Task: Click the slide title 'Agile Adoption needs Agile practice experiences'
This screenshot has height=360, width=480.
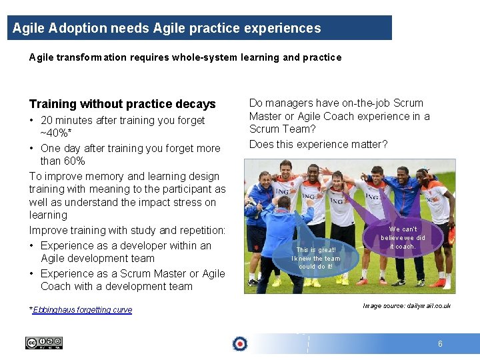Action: pos(167,29)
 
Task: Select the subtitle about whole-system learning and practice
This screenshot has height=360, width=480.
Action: pos(185,57)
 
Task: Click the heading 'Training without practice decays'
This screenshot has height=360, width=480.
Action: pos(122,104)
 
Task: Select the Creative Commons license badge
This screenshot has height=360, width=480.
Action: pos(44,343)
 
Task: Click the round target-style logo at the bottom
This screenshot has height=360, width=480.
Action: pos(239,343)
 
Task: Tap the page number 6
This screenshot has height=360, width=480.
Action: pos(440,344)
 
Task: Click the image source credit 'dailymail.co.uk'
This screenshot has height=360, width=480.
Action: pos(407,306)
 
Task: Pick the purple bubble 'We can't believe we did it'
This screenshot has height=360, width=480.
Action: pos(403,237)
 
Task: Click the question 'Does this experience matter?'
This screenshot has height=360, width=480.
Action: pos(318,144)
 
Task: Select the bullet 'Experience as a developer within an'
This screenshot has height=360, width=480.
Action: pos(126,245)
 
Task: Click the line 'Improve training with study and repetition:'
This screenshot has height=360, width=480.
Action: pos(127,230)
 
